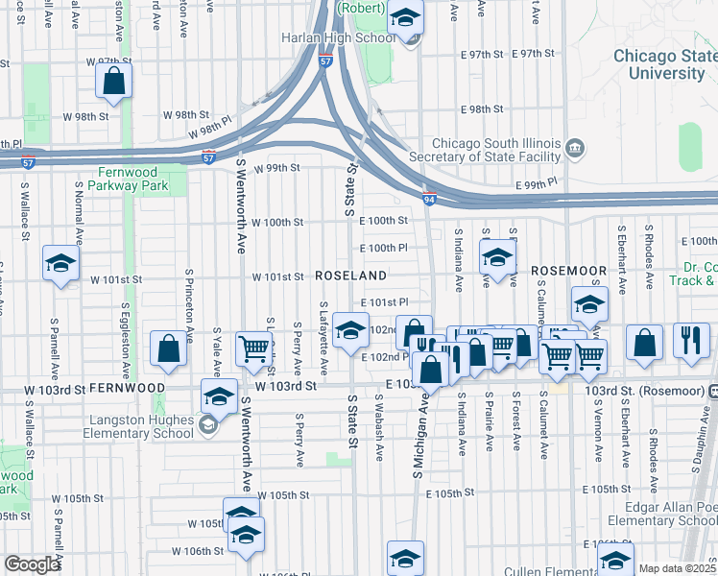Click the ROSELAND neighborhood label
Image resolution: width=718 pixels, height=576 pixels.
[351, 276]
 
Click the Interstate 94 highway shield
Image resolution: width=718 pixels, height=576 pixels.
[428, 198]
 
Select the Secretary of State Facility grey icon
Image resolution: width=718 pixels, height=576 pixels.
[575, 147]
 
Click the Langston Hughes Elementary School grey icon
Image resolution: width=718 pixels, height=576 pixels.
[206, 423]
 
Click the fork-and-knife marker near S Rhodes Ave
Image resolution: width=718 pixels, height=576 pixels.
[691, 341]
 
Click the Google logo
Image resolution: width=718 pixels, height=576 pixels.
[32, 564]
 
